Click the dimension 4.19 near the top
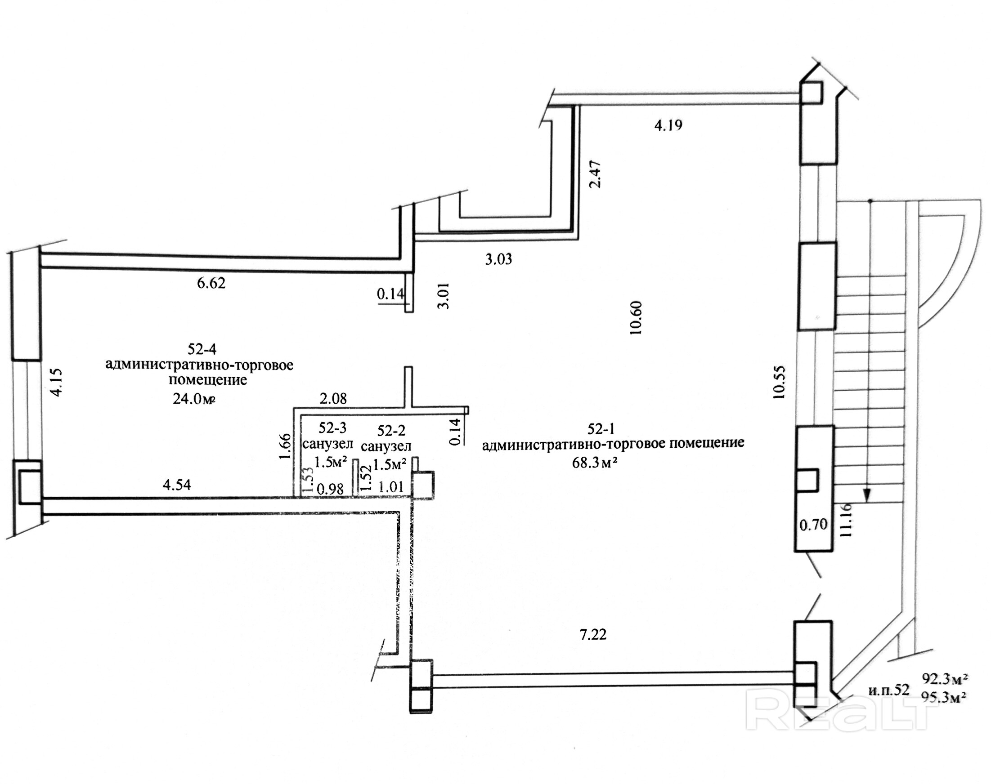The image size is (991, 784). [x=668, y=125]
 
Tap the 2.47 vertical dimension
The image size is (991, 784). [x=595, y=174]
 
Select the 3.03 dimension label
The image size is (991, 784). [x=498, y=259]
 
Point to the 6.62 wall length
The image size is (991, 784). [x=211, y=283]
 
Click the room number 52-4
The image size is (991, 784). [x=202, y=349]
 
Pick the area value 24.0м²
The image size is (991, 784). [x=194, y=398]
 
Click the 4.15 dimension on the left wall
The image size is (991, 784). [x=56, y=383]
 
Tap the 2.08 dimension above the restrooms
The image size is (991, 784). [x=333, y=398]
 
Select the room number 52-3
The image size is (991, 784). [x=332, y=428]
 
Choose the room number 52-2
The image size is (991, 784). [x=391, y=431]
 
